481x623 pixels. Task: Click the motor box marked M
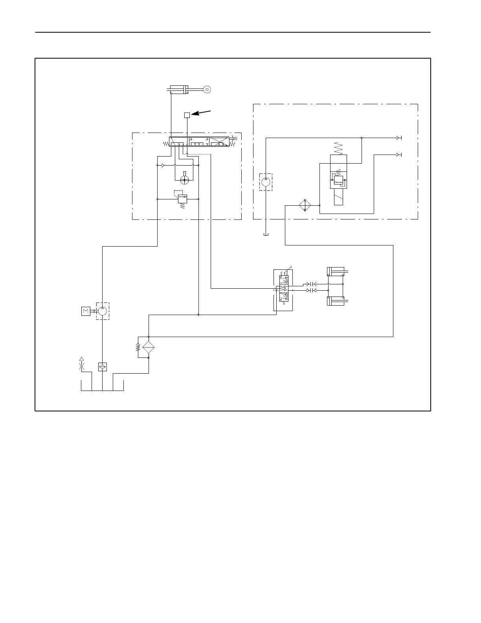(86, 311)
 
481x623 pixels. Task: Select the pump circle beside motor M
(102, 311)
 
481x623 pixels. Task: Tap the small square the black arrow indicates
(187, 115)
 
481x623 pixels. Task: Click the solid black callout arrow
(201, 113)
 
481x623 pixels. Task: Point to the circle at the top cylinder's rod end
(207, 90)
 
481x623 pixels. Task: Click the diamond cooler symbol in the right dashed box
(305, 205)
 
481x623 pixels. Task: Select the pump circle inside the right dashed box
(266, 182)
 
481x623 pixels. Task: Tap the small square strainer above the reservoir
(102, 367)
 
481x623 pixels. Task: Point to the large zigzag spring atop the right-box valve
(338, 148)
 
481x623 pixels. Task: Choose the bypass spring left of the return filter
(138, 347)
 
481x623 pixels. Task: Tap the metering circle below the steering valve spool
(184, 180)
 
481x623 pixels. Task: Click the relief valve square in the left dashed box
(182, 199)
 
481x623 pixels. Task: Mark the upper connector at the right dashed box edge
(398, 138)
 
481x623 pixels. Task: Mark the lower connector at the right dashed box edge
(398, 155)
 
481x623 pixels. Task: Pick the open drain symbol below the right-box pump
(266, 235)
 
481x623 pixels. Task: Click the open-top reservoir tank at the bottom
(102, 385)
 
